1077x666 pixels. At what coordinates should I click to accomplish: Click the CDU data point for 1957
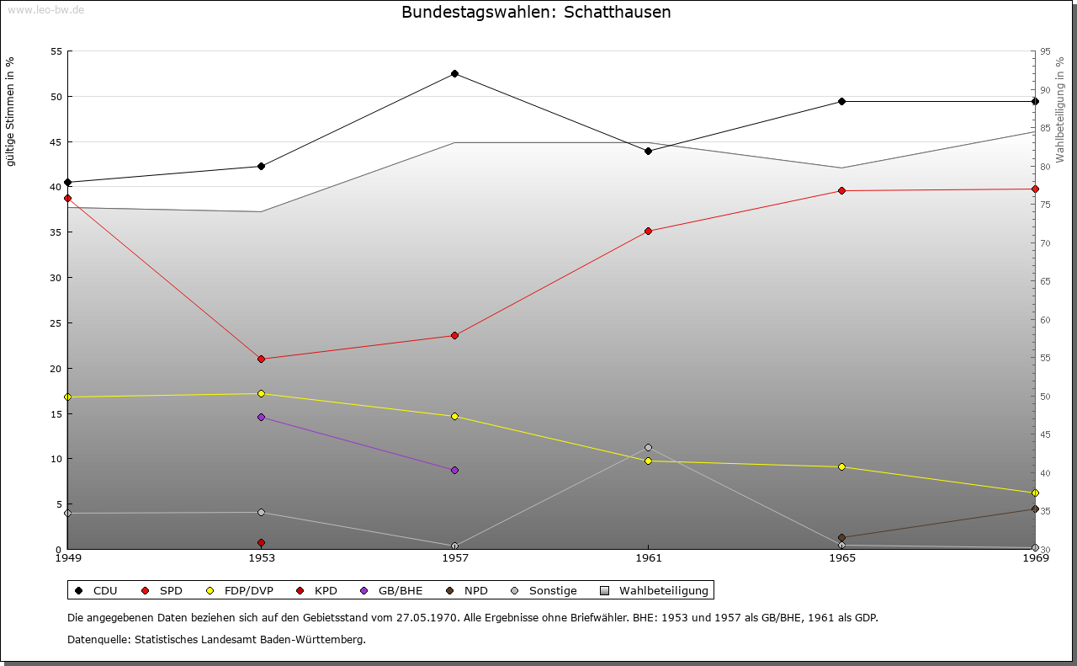[454, 73]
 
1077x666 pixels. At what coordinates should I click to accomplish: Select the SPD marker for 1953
[261, 359]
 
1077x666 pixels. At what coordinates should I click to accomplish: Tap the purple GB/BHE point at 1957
[454, 470]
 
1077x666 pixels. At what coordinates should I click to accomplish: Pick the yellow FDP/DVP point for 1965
[841, 466]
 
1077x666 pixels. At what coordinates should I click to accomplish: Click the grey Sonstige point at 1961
[648, 447]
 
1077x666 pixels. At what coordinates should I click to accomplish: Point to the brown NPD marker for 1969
[1035, 509]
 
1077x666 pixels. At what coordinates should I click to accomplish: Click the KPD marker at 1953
[261, 542]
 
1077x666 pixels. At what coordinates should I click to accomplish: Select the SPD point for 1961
[648, 231]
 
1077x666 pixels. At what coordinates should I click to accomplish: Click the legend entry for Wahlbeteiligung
[655, 590]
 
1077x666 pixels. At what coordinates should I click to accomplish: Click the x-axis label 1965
[841, 557]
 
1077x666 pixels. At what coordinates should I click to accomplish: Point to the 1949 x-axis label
[67, 557]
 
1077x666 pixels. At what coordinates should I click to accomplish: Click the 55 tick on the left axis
[56, 51]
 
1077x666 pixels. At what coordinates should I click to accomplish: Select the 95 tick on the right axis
[1044, 51]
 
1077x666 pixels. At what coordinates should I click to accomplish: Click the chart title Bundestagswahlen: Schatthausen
[536, 12]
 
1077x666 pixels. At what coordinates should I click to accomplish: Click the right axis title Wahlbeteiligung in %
[1060, 109]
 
